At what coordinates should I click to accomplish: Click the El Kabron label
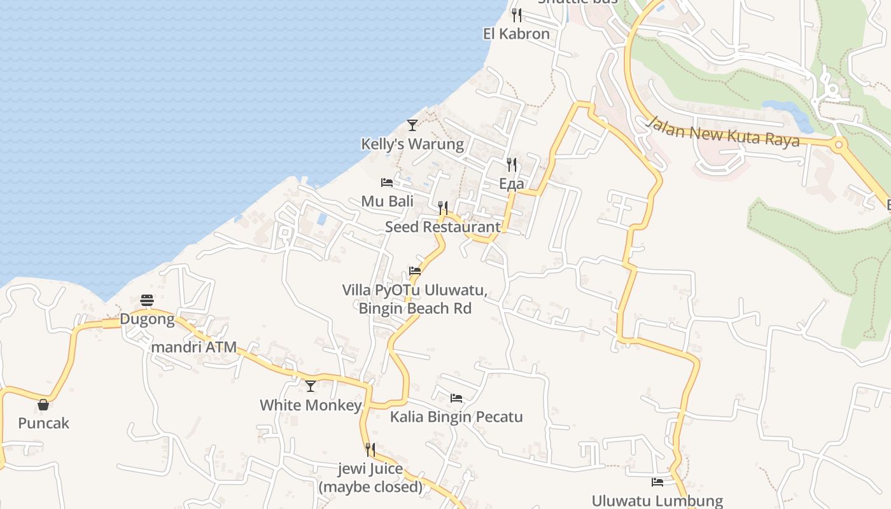tap(516, 34)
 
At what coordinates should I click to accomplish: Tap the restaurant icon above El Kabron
tap(517, 15)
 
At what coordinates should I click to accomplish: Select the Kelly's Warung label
tap(412, 144)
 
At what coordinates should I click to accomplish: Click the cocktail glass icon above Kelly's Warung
tap(412, 125)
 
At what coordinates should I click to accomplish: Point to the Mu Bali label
tap(387, 202)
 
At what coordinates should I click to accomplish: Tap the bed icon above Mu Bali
tap(387, 183)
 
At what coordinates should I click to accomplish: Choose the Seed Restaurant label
tap(442, 227)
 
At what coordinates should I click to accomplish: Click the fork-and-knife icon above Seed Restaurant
tap(443, 208)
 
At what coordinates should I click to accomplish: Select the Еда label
tap(512, 184)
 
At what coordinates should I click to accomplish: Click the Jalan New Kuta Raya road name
tap(723, 132)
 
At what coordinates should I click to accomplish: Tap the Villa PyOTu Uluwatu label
tap(415, 299)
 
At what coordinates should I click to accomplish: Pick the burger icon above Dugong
tap(147, 300)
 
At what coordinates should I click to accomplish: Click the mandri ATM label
tap(193, 347)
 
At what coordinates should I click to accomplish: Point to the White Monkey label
tap(311, 405)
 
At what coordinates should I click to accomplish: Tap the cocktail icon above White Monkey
tap(311, 386)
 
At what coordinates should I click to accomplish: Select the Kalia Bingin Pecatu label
tap(456, 417)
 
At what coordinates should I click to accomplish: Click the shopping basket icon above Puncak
tap(43, 405)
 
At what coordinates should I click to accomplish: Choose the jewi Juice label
tap(370, 478)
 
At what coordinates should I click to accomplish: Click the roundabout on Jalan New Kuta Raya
tap(839, 144)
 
